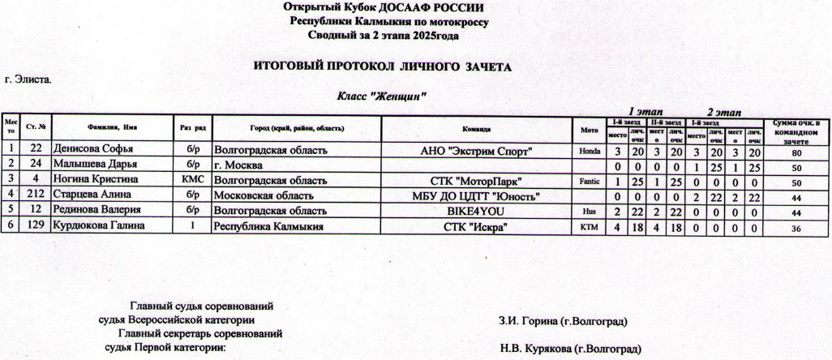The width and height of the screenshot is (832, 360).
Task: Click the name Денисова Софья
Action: (x=92, y=149)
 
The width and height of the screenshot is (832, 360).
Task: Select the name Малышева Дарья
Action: (x=93, y=165)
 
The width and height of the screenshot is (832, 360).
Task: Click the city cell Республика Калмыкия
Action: (x=268, y=226)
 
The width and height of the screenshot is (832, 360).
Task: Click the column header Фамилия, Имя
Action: (x=112, y=128)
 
